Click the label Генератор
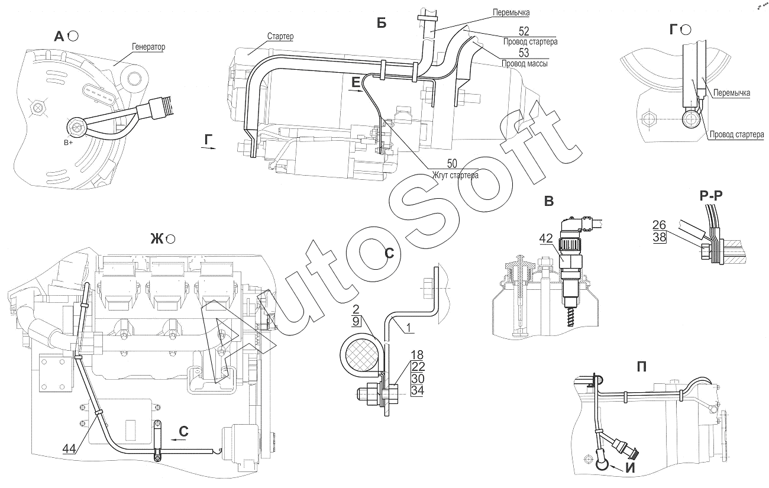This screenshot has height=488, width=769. click(148, 47)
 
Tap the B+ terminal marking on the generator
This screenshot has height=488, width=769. click(68, 143)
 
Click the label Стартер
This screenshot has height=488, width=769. click(280, 36)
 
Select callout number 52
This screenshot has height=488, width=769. click(524, 31)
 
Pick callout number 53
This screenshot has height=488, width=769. click(524, 53)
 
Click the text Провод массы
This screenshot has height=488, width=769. click(525, 63)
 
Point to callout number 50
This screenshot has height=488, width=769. click(453, 163)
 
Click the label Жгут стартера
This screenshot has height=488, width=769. click(455, 175)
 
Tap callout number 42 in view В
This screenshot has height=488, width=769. click(546, 238)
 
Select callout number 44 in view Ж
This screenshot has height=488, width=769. click(69, 448)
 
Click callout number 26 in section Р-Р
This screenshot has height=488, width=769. click(659, 225)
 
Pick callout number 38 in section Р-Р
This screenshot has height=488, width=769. click(659, 237)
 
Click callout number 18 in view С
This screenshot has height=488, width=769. click(417, 354)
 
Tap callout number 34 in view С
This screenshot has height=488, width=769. click(418, 390)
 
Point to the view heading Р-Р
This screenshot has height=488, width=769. click(711, 195)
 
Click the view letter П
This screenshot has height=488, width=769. click(642, 367)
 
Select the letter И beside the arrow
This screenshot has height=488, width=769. click(631, 468)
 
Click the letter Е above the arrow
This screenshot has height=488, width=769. click(356, 82)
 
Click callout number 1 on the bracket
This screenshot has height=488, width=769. click(409, 328)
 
